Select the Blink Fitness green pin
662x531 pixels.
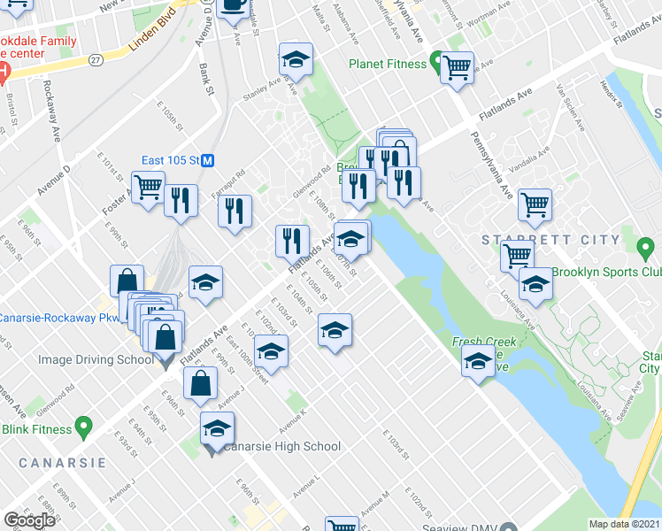[83, 429]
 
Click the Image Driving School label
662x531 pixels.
[95, 360]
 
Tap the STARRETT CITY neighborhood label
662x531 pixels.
[550, 240]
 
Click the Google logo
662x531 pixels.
[29, 520]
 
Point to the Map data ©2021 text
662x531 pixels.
[624, 524]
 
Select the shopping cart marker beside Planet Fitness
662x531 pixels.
[457, 65]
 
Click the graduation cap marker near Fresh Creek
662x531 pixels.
[478, 361]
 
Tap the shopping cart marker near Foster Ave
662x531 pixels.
[148, 186]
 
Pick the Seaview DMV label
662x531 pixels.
[485, 523]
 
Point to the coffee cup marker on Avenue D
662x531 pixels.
[233, 5]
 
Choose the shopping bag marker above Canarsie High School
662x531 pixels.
[201, 383]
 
